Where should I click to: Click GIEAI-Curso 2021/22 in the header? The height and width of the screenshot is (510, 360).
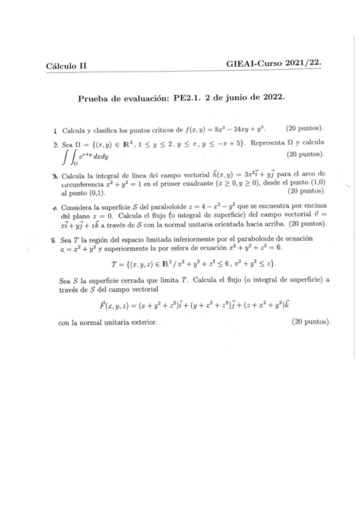pos(273,64)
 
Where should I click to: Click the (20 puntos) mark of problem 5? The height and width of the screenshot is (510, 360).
pos(311,323)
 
